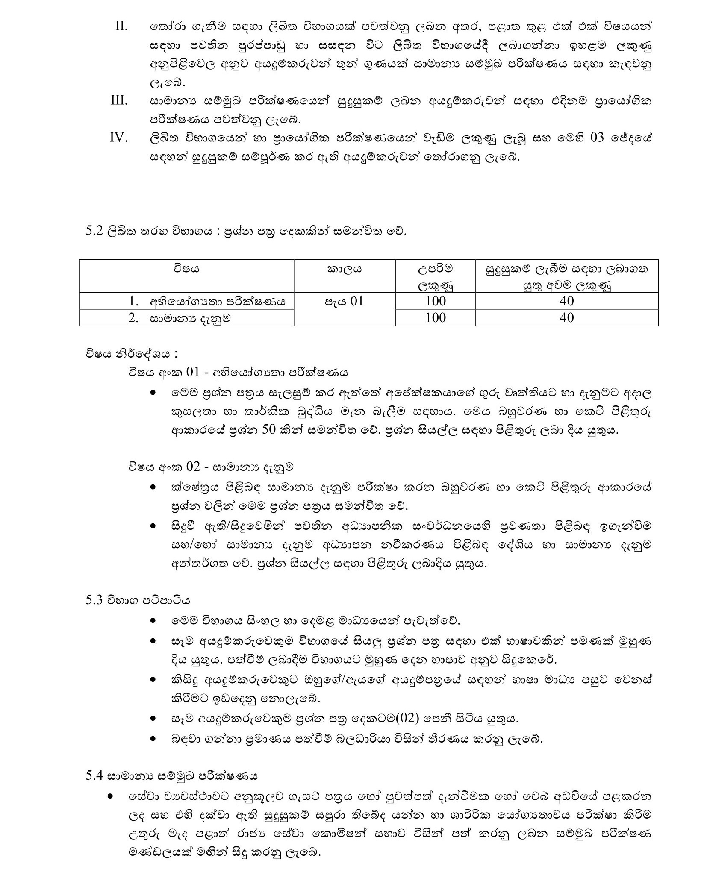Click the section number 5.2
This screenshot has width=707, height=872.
(94, 231)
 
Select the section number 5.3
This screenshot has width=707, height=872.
(94, 600)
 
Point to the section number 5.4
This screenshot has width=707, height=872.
(94, 775)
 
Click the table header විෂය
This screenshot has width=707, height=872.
(186, 269)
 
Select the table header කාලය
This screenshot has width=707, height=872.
(344, 269)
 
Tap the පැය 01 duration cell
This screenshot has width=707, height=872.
(344, 301)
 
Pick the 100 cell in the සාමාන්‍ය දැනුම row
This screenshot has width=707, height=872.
(435, 317)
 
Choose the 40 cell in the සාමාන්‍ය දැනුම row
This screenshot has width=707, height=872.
(566, 317)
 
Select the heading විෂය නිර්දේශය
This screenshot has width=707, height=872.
(131, 354)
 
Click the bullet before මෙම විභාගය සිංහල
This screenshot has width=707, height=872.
(153, 620)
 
